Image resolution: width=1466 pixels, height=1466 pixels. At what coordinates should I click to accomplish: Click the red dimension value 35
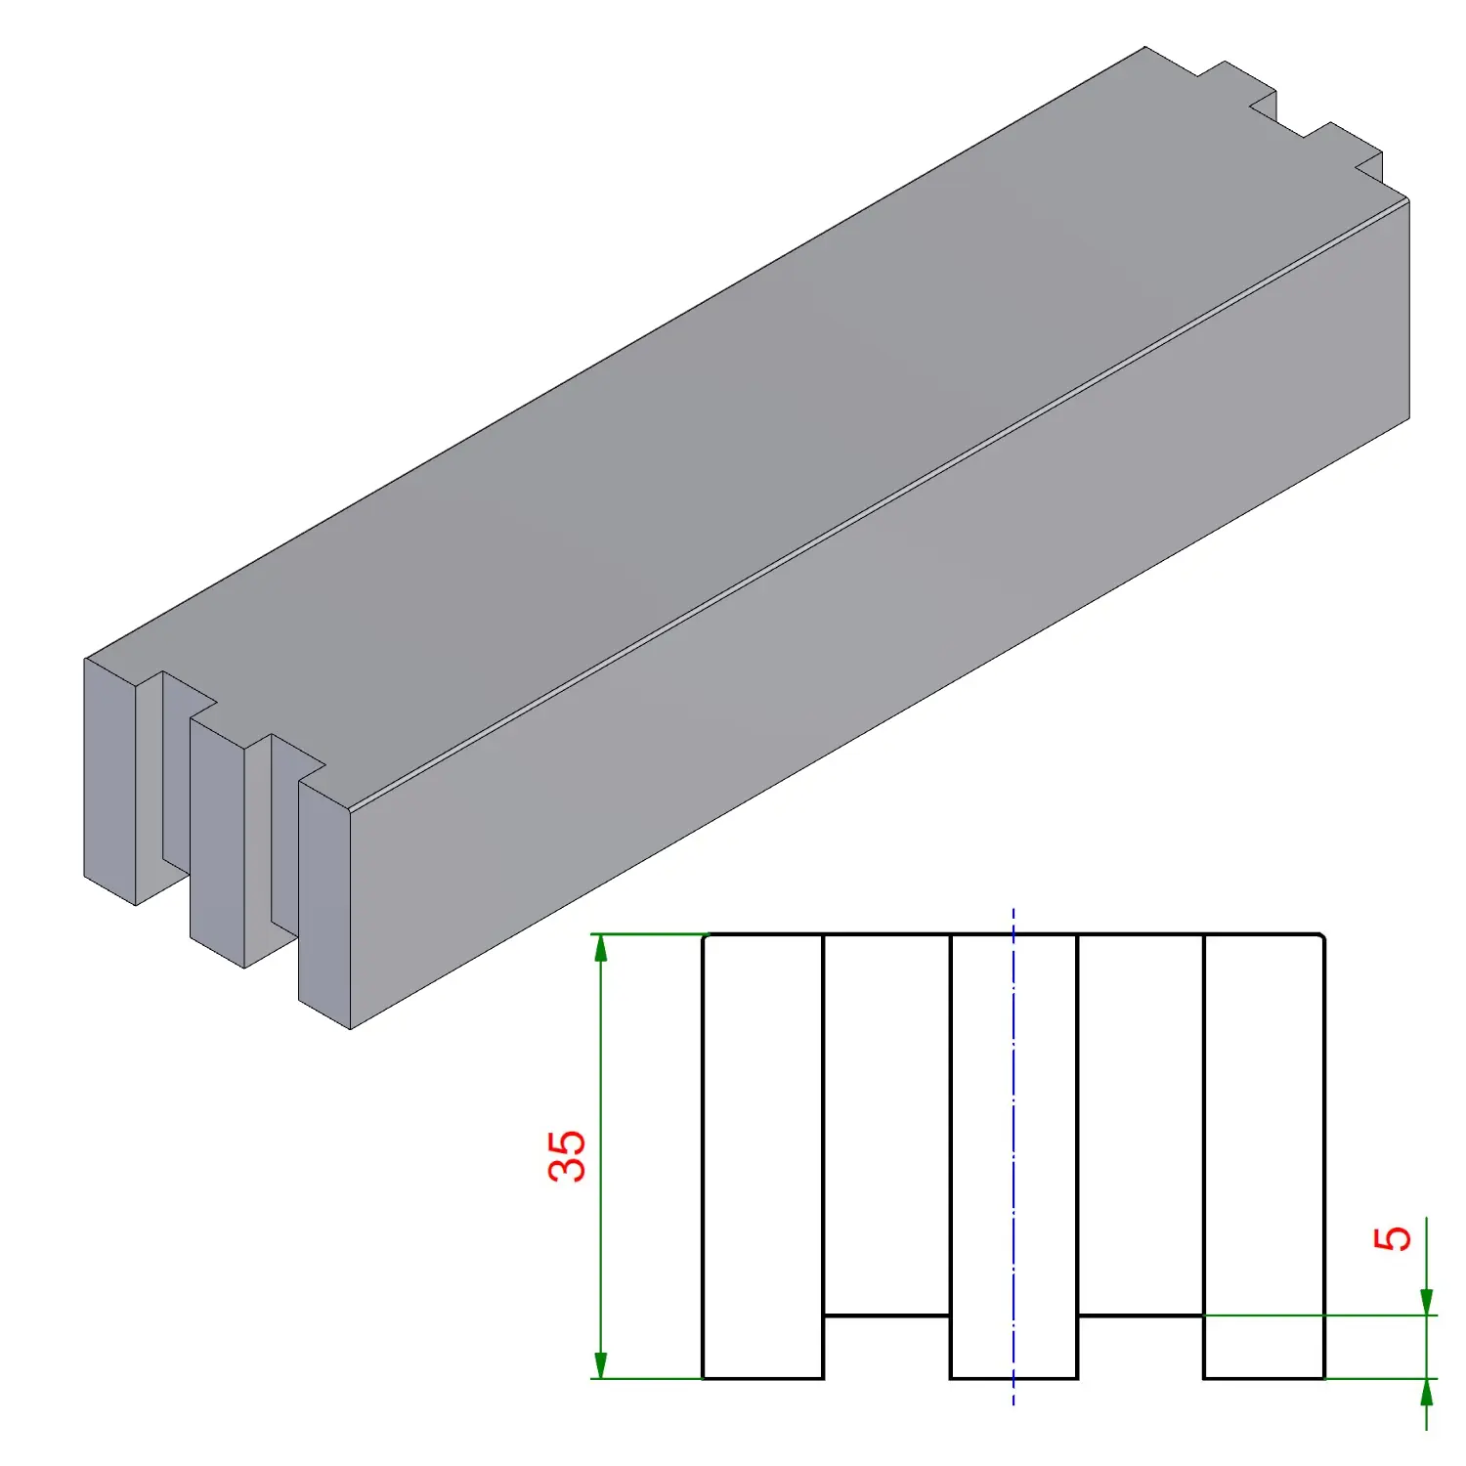pyautogui.click(x=567, y=1156)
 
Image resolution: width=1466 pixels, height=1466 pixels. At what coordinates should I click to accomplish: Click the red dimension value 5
pyautogui.click(x=1393, y=1238)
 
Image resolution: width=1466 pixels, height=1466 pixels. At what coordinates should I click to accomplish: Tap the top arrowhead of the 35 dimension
pyautogui.click(x=600, y=947)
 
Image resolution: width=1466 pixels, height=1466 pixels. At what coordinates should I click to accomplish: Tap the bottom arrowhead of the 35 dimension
pyautogui.click(x=600, y=1365)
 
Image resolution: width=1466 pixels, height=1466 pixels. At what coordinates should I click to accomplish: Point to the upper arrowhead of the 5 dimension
pyautogui.click(x=1426, y=1302)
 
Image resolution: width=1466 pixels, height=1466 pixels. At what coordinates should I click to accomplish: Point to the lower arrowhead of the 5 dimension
pyautogui.click(x=1426, y=1392)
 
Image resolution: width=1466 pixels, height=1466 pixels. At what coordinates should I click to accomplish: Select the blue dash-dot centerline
pyautogui.click(x=1013, y=1156)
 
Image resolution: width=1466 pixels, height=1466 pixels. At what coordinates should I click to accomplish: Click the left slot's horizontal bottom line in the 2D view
pyautogui.click(x=887, y=1315)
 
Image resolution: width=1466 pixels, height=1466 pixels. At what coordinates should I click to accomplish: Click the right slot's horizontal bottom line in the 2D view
pyautogui.click(x=1141, y=1315)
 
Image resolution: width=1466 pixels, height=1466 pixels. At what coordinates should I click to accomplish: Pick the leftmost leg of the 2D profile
pyautogui.click(x=763, y=1156)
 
